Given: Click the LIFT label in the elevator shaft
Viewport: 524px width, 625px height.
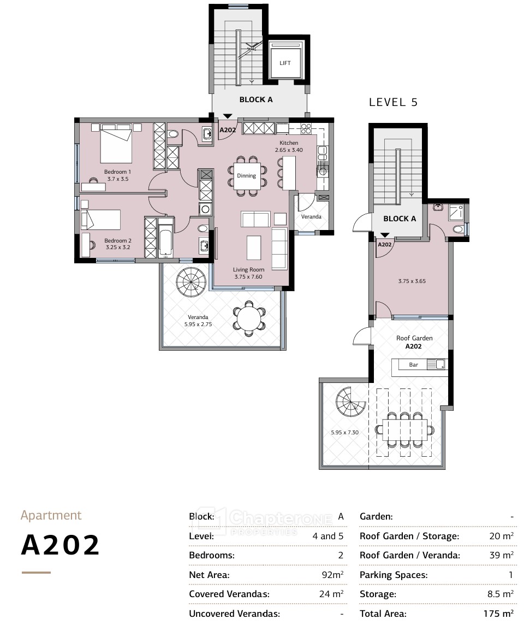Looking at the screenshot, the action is tap(285, 63).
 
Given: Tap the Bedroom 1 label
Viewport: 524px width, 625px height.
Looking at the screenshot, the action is tap(117, 172).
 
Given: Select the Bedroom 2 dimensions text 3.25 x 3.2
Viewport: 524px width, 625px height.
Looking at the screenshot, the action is tap(118, 247).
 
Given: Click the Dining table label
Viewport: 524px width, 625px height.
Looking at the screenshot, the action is tap(247, 175).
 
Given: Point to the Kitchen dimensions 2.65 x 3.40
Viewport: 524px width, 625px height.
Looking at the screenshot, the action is tap(289, 150).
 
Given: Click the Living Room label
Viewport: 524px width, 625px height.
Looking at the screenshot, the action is tap(248, 269).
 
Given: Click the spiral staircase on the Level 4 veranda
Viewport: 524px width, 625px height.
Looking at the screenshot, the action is tap(191, 282).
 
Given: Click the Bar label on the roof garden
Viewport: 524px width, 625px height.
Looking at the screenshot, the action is tap(413, 364).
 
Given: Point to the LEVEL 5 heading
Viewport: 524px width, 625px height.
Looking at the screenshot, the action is tap(394, 102).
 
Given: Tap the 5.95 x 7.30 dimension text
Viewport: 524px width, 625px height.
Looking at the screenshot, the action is tap(345, 432).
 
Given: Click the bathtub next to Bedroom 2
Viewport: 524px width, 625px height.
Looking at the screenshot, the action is tap(165, 238).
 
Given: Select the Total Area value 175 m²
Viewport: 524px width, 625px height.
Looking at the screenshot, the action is tap(498, 614).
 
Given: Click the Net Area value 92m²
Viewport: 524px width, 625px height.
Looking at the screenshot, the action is tap(332, 574).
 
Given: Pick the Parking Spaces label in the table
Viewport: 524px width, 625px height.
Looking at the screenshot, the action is tap(394, 575).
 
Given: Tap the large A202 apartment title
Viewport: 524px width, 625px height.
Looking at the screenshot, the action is tap(60, 545).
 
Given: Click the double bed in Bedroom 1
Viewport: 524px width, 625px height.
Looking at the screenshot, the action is tap(116, 144).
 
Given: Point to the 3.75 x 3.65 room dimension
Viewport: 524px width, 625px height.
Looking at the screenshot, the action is tap(412, 281).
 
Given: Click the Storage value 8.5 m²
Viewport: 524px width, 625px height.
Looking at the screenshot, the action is tap(500, 594).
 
